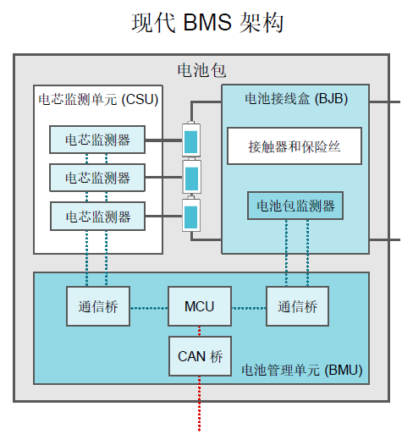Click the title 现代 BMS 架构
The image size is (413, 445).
tap(207, 23)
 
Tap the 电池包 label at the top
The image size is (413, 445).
tap(201, 70)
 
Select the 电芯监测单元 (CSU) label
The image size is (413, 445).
tap(98, 99)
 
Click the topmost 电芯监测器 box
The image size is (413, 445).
tap(97, 140)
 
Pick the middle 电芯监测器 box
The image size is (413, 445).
tap(97, 178)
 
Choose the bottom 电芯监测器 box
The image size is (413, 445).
tap(97, 217)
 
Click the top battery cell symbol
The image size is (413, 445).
tap(192, 140)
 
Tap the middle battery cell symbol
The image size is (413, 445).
tap(192, 178)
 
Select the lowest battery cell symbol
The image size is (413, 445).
tap(192, 217)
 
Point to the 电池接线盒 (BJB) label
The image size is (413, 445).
tap(295, 98)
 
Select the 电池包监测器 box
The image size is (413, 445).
tap(295, 206)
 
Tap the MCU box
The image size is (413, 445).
tap(199, 306)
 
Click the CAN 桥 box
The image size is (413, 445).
tap(199, 356)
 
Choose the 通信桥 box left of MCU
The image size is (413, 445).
tap(98, 306)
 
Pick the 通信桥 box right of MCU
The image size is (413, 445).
tap(297, 306)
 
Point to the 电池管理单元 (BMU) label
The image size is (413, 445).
tap(301, 369)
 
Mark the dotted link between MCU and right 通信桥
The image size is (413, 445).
tap(248, 306)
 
